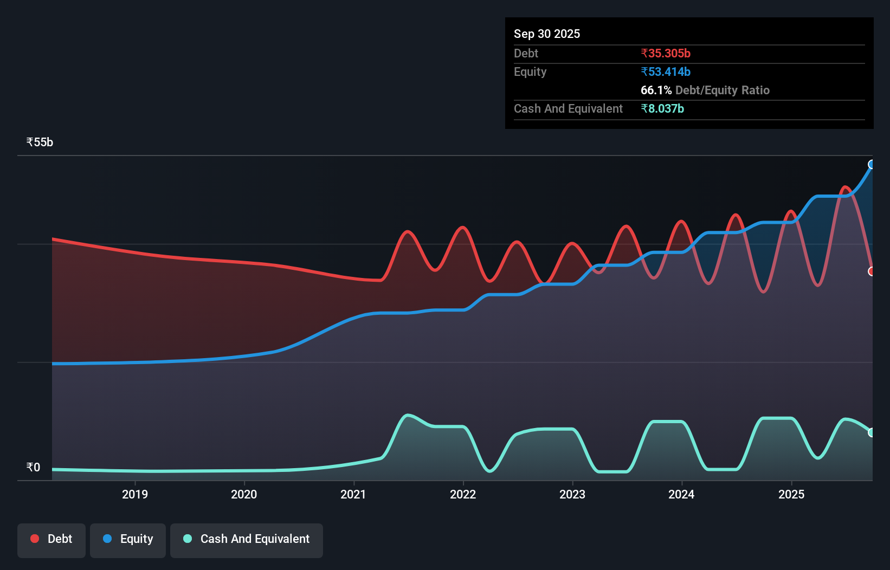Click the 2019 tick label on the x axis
(x=134, y=494)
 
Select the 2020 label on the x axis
(x=244, y=494)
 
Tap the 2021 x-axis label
(x=353, y=494)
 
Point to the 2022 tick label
(x=463, y=494)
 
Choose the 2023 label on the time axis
(x=572, y=494)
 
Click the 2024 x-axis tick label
(x=681, y=494)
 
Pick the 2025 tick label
(x=791, y=494)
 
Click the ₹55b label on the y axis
(x=40, y=142)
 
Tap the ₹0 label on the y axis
(x=33, y=467)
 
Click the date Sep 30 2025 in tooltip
(x=547, y=34)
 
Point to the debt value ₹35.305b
(x=666, y=53)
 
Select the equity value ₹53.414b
(x=666, y=72)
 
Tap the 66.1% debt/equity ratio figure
(x=656, y=90)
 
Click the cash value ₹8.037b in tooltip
(x=662, y=108)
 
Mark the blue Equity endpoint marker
(x=872, y=164)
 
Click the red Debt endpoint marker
(x=872, y=271)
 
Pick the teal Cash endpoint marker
(x=872, y=432)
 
